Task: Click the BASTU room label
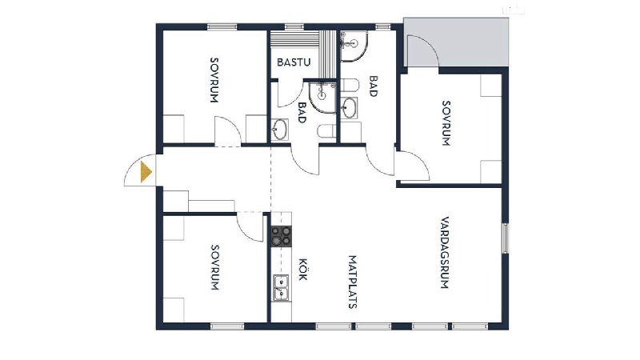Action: coord(294,62)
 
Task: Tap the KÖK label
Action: coord(302,269)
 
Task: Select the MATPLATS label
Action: coord(353,282)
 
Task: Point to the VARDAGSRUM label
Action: coord(445,253)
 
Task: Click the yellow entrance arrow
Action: coord(146,172)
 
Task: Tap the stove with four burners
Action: coord(282,236)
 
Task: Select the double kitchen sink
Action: coord(282,288)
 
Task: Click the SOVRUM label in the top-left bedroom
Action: coord(214,80)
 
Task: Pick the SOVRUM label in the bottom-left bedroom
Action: coord(215,267)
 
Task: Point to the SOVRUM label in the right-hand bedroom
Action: coord(446,123)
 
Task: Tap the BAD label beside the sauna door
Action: coord(302,112)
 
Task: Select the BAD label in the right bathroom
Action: coord(373,86)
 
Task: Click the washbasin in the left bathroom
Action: coord(279,129)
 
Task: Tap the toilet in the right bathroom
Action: coord(350,86)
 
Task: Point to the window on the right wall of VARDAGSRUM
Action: coord(506,238)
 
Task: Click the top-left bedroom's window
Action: coord(222,27)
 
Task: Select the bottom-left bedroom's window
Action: coord(227,326)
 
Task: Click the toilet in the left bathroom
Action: coord(327,131)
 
